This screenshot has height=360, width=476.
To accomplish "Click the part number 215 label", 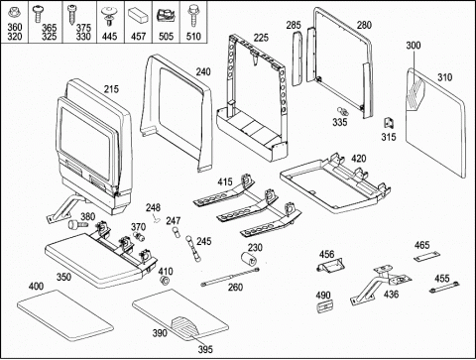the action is [x=111, y=89].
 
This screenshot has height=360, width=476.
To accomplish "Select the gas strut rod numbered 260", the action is [x=230, y=277].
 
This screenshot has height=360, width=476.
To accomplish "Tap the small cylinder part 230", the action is [x=250, y=258].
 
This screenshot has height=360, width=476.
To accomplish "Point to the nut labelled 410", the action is [x=165, y=281].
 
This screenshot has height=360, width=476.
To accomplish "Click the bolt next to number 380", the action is [x=77, y=225].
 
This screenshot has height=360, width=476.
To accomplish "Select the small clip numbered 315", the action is [x=389, y=123].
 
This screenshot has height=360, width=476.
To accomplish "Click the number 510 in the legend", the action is [x=193, y=36].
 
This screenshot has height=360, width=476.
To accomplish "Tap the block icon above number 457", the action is [x=138, y=15].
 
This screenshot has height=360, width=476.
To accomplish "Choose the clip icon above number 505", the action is [x=166, y=16].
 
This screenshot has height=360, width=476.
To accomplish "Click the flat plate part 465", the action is [x=427, y=256].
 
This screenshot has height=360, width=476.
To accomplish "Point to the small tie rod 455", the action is [x=444, y=287].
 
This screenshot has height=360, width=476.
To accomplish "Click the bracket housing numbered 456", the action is [x=329, y=265].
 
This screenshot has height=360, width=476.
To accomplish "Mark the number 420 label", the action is [x=358, y=159].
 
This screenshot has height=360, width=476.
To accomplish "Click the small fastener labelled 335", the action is [x=342, y=111].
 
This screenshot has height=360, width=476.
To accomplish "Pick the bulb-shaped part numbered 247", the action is [x=177, y=233].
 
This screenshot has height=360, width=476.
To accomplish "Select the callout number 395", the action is [x=205, y=349].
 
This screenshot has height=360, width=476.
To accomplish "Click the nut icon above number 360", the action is [x=14, y=13].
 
